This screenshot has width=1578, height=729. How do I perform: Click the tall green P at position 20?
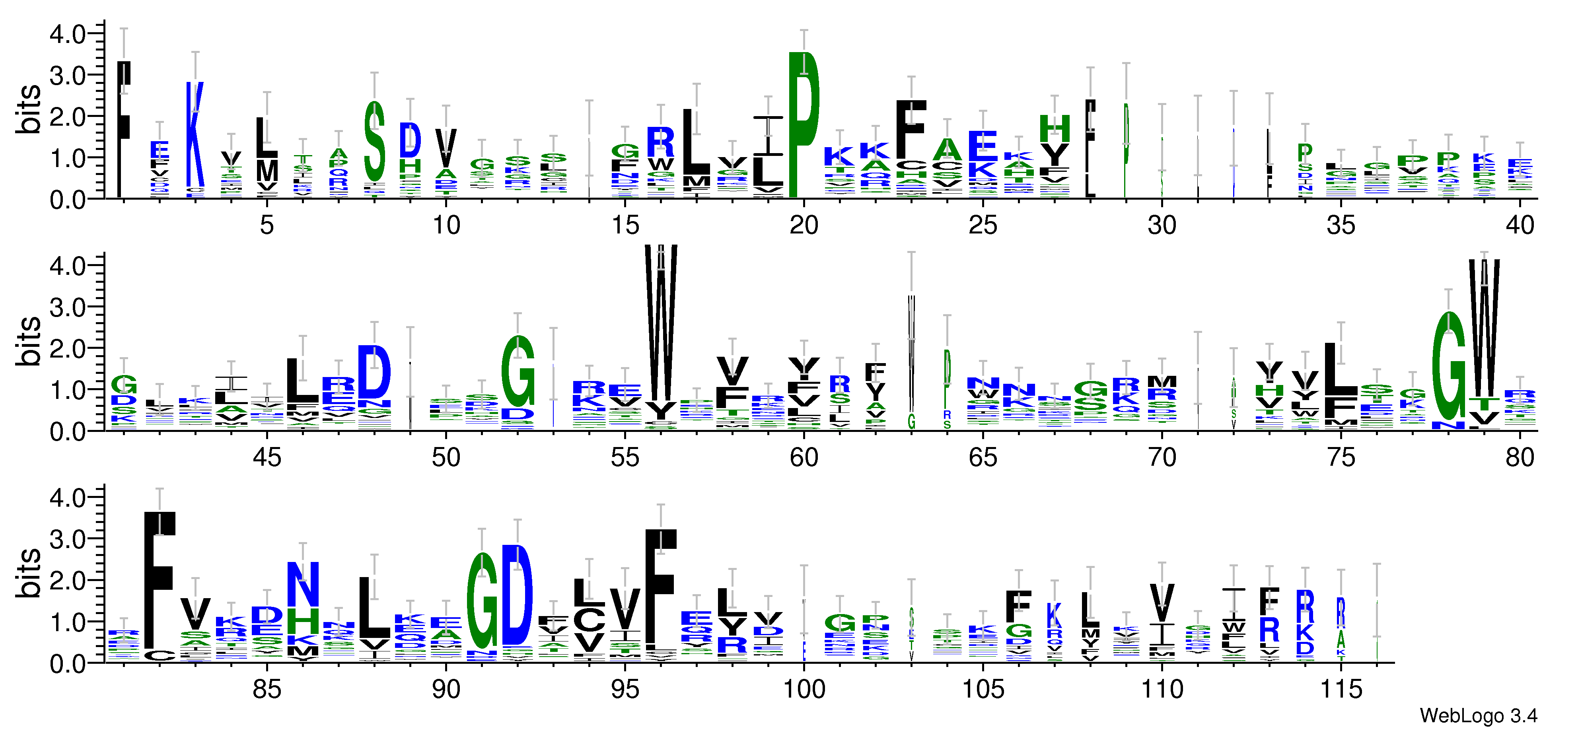coord(804,126)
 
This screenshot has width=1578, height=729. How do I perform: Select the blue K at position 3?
coord(195,135)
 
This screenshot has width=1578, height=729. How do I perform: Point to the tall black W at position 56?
coord(661,325)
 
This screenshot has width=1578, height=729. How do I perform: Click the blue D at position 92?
coord(518,594)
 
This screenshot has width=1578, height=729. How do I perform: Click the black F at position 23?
coord(911,128)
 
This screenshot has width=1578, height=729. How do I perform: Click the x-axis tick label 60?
coord(804,458)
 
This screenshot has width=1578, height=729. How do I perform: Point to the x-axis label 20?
coord(804,226)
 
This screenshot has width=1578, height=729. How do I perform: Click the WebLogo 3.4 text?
coord(1478,715)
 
